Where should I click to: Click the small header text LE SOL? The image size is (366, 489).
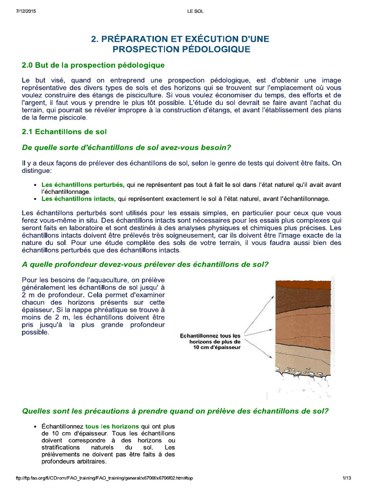195,11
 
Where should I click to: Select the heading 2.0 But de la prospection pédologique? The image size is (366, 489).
93,65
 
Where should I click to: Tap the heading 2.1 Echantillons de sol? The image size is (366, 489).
65,131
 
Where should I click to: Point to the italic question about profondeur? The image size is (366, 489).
145,264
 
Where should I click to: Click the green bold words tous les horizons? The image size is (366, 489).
112,426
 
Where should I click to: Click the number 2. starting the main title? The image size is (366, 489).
95,39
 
